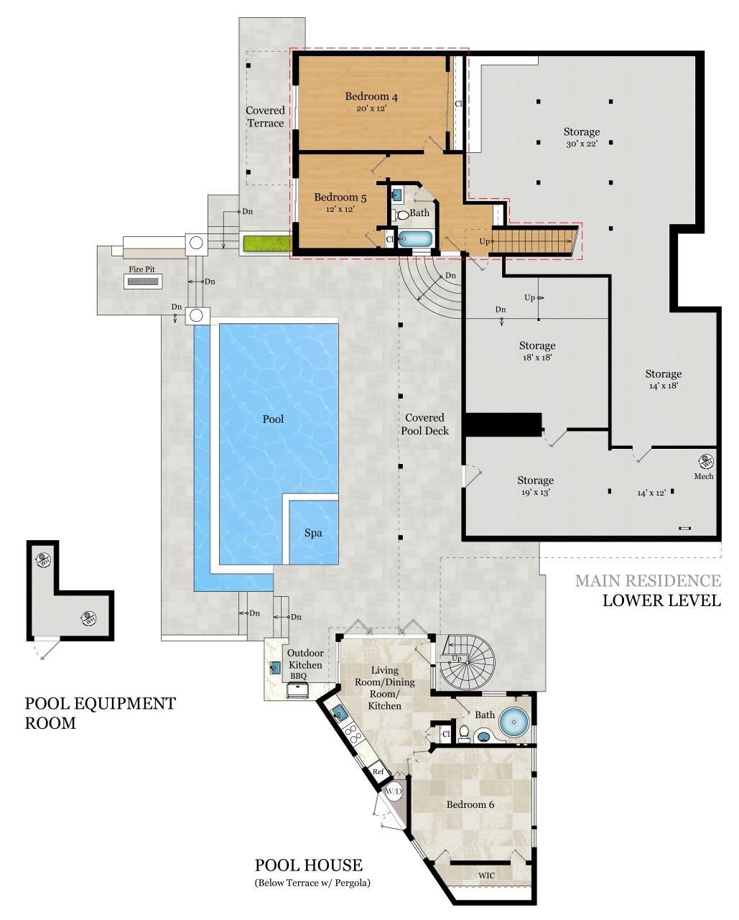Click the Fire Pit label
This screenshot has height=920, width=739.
(x=141, y=269)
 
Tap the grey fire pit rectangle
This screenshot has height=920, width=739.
(x=143, y=282)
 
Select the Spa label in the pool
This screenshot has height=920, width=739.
(x=313, y=533)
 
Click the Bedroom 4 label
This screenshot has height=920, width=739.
(x=371, y=97)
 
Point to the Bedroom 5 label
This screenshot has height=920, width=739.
(x=340, y=198)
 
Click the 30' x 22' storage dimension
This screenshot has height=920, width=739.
(x=581, y=144)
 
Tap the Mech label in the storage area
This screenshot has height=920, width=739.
(x=703, y=476)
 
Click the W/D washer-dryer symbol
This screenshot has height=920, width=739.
(x=394, y=792)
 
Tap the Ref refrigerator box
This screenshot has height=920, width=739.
(x=378, y=772)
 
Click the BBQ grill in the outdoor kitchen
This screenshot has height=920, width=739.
(x=298, y=690)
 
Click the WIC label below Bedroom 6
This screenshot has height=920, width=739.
(x=486, y=875)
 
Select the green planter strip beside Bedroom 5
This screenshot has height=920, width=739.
(x=262, y=243)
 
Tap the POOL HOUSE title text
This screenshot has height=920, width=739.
(x=308, y=866)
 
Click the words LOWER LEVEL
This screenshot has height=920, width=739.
(x=661, y=600)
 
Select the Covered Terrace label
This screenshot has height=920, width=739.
(x=266, y=116)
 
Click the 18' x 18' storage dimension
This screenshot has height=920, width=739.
(x=536, y=357)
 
